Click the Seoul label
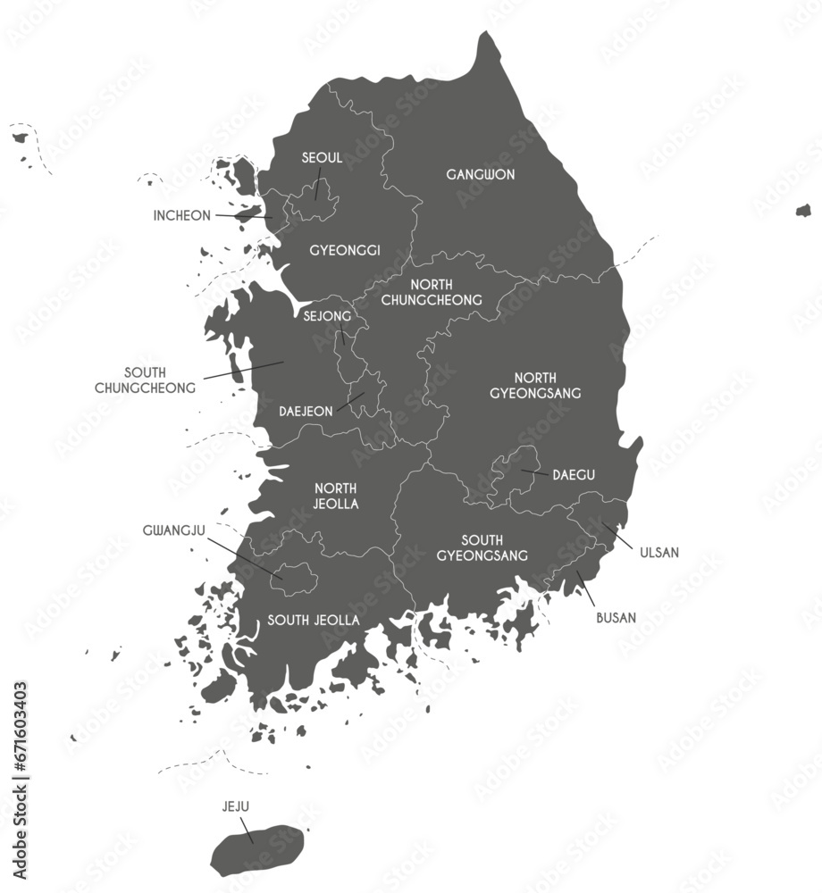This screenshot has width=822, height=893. pos(322,158)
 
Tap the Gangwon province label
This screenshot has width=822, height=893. pos(481,175)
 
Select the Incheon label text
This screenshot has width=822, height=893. pos(182,215)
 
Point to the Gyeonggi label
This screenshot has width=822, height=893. pos(345,250)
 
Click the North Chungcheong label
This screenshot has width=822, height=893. pos(432,292)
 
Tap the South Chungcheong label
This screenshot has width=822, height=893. pos(146,380)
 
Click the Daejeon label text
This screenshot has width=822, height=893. pos(306,412)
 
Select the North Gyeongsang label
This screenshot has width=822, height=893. pos(548,385)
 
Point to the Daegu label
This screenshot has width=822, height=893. pos(574,474)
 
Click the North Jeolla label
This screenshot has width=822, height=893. pos(336,496)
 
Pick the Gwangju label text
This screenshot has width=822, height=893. pos(174,530)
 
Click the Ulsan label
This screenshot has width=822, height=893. pos(659,553)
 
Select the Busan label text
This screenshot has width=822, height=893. pos(616,617)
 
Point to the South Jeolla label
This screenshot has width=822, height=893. pos(314,620)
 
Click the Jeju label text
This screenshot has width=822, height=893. pos(236,806)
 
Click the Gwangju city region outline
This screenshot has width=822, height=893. pos(295,579)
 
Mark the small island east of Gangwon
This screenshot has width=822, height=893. pos(803,211)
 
